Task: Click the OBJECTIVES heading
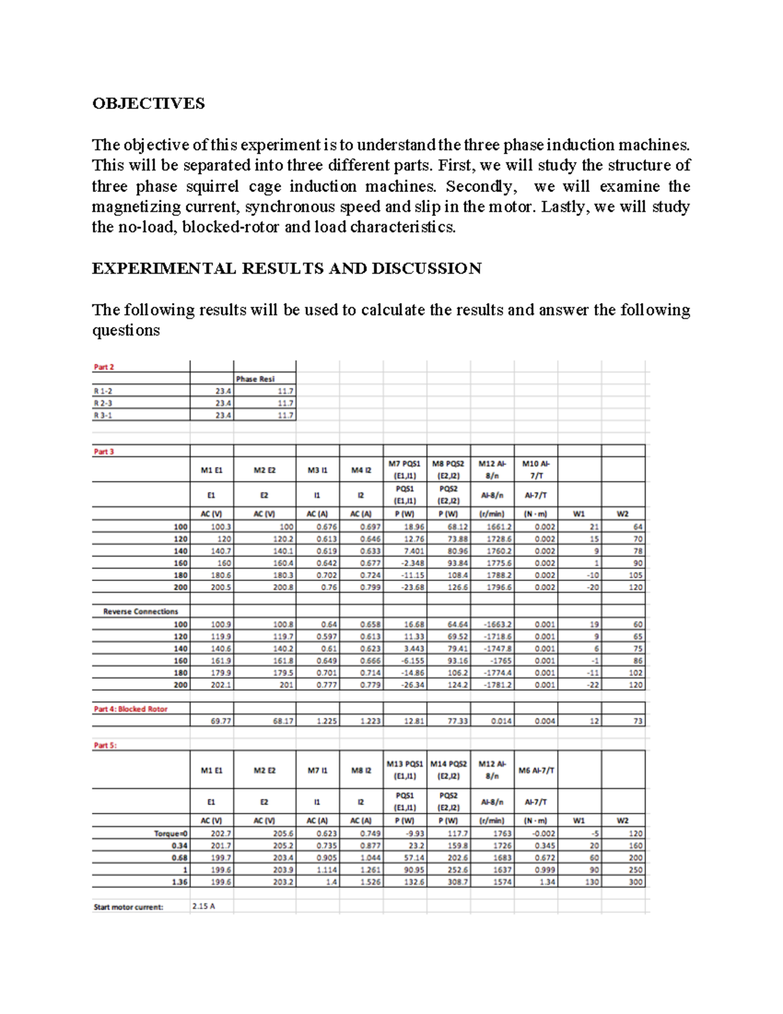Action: point(148,103)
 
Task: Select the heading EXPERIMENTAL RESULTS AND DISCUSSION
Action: point(286,268)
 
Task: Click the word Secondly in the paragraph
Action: point(480,186)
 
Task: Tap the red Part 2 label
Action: point(104,367)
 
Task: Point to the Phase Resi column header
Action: point(255,379)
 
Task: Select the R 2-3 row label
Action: point(102,403)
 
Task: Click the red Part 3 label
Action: point(104,451)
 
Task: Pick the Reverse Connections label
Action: point(140,611)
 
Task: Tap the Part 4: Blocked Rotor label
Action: point(130,708)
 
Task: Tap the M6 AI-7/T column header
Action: point(536,770)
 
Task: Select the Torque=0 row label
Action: point(170,833)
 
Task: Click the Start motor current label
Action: point(129,906)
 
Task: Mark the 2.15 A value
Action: point(204,906)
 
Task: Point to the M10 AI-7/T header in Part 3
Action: point(536,469)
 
